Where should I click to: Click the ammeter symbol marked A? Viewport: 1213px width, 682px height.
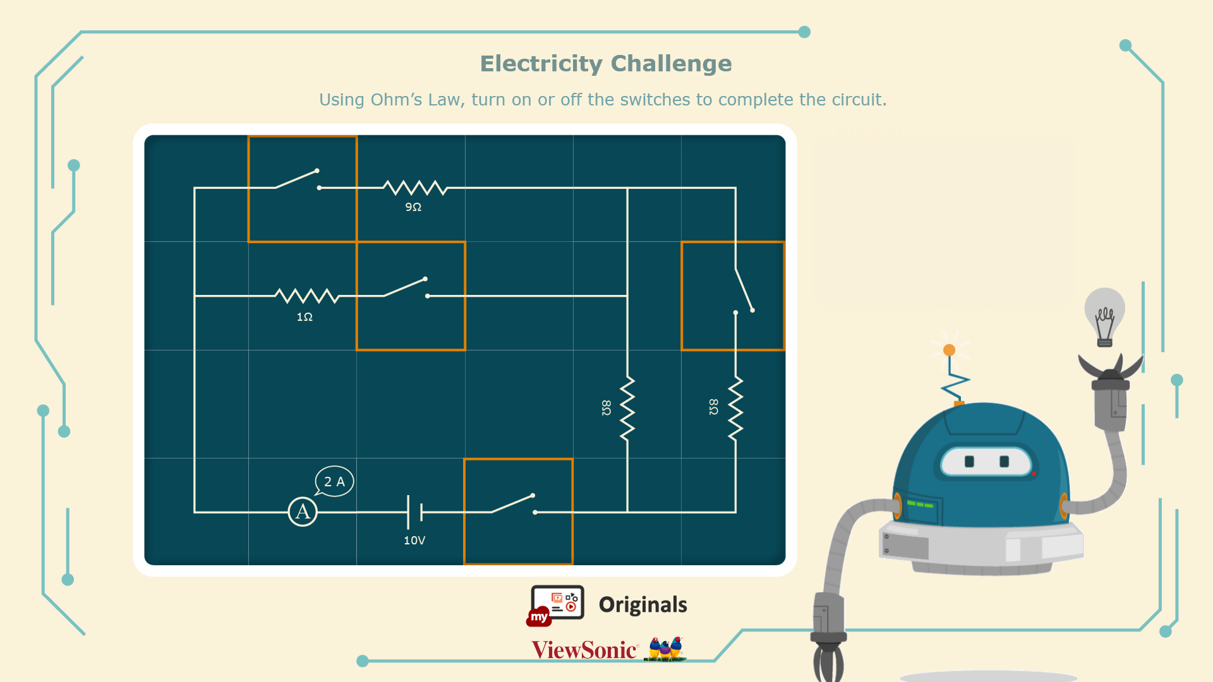coord(303,512)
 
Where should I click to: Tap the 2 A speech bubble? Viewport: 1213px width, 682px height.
coord(334,482)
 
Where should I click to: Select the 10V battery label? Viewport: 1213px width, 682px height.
coord(414,541)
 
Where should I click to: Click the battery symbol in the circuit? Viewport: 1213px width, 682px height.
coord(415,512)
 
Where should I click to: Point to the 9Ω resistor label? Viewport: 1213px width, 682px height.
coord(413,207)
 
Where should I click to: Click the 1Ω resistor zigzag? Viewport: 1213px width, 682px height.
coord(307,296)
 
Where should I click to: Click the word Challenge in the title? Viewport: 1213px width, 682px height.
coord(671,64)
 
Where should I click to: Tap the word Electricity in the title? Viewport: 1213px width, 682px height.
coord(541,64)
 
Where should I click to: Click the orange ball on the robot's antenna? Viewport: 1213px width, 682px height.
coord(949,350)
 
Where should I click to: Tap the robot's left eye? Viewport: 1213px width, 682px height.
coord(969,462)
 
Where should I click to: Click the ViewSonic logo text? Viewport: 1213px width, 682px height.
coord(584,650)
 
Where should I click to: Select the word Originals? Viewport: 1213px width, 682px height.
coord(643,605)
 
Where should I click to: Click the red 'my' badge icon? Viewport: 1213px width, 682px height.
coord(539,617)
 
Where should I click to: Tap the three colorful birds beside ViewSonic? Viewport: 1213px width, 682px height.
coord(665,649)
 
